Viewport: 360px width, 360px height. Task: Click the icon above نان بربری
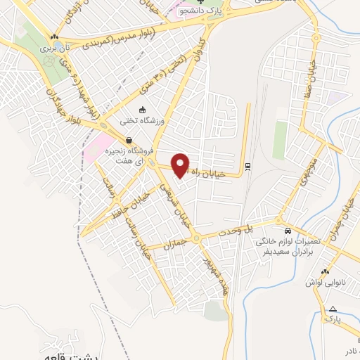(x=54, y=37)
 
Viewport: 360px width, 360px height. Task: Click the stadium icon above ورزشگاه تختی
(x=143, y=110)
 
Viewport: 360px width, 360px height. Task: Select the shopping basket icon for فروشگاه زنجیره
(x=128, y=140)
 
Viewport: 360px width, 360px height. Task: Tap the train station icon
(x=247, y=166)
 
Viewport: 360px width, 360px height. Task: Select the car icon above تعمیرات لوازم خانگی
(x=288, y=231)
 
